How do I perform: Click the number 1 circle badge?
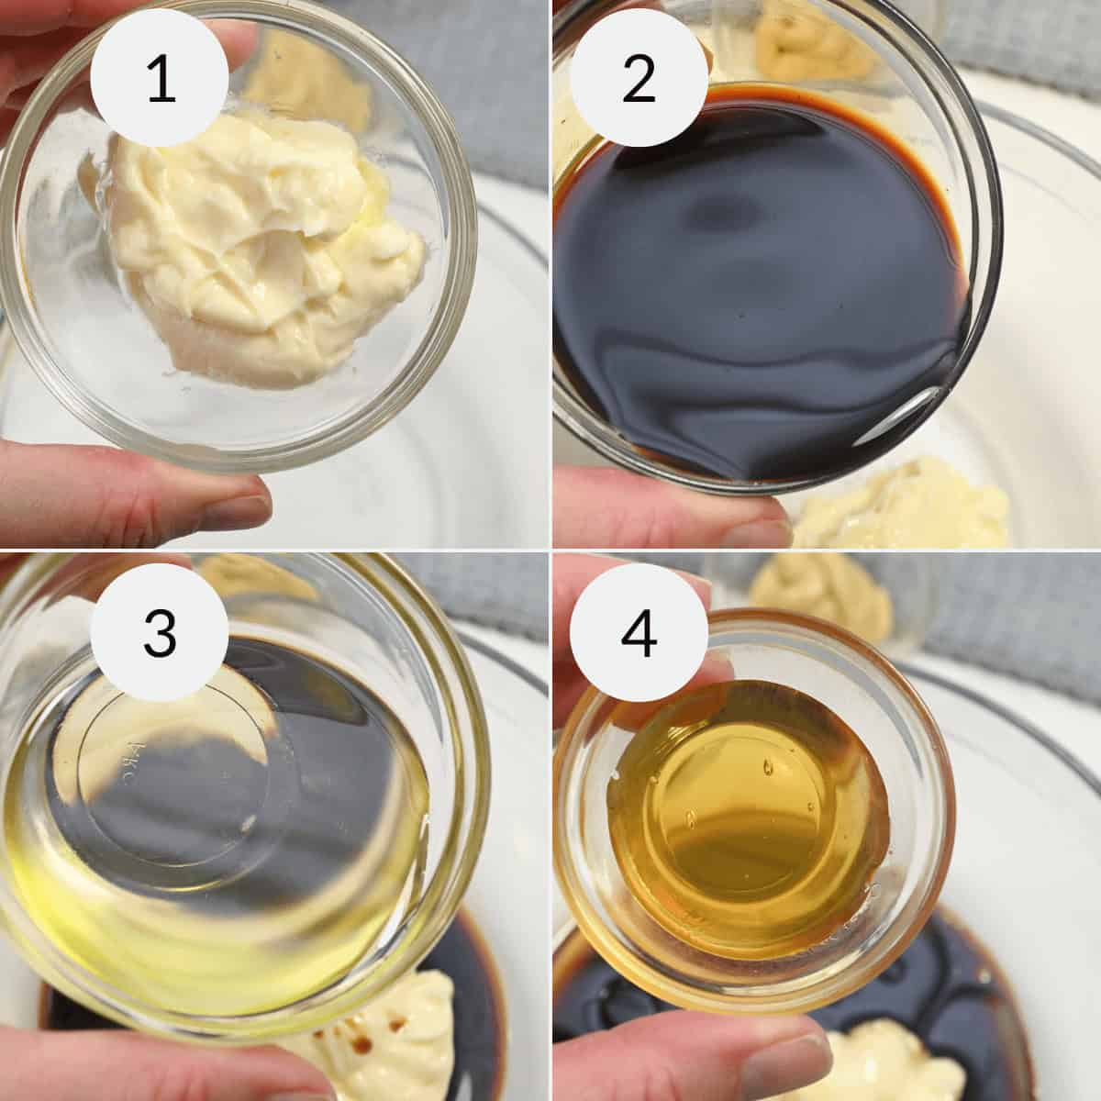click(x=161, y=80)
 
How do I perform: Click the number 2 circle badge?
click(x=639, y=80)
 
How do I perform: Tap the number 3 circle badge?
click(x=161, y=634)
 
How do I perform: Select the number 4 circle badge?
click(x=639, y=634)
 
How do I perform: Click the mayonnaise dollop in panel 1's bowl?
click(x=266, y=248)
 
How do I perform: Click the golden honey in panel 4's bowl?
click(x=743, y=817)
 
